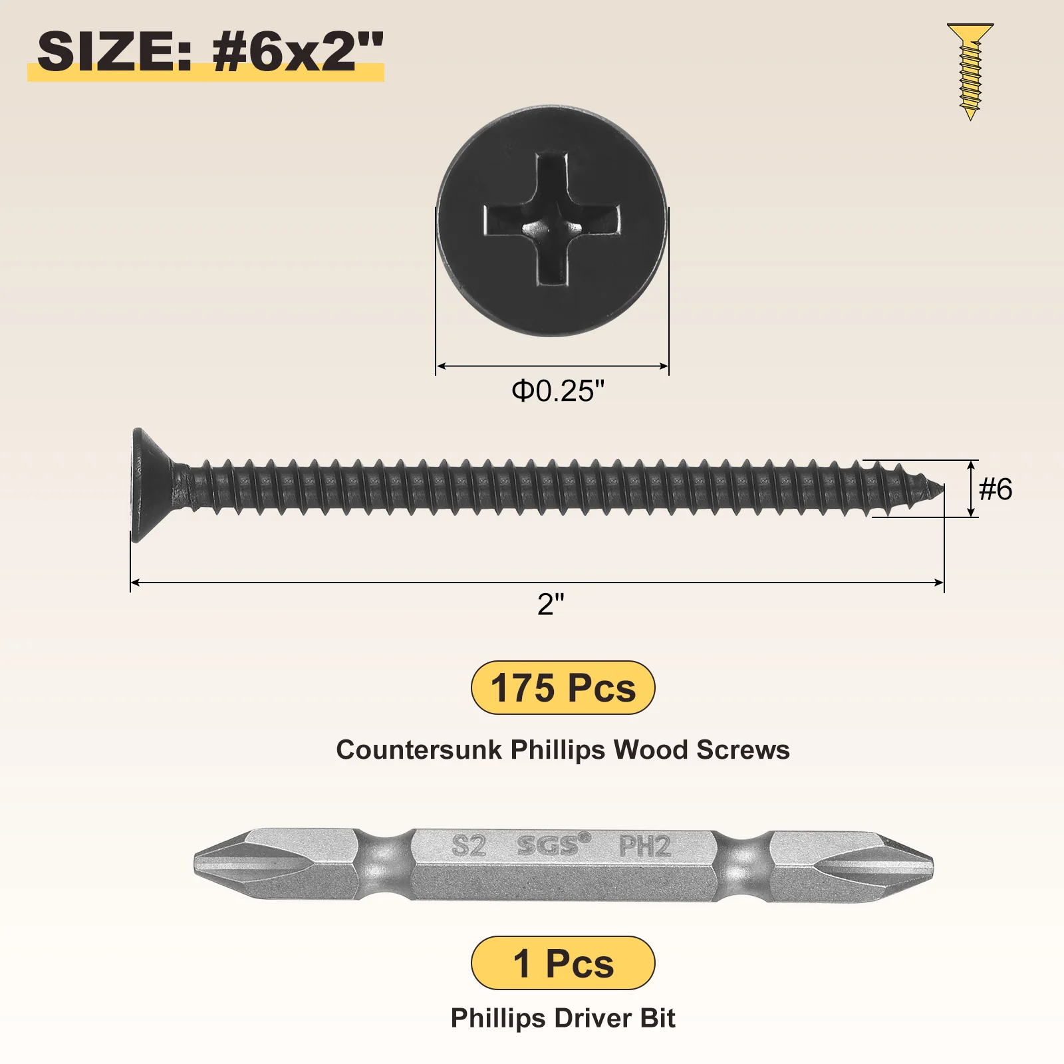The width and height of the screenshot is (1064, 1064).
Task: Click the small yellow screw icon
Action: (x=970, y=71)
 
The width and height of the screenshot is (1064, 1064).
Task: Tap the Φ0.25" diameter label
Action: (x=558, y=391)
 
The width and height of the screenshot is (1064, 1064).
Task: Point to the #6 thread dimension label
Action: (x=996, y=489)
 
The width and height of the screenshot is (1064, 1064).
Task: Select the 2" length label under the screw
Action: (x=551, y=604)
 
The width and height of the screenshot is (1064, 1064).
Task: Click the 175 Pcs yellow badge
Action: (x=563, y=688)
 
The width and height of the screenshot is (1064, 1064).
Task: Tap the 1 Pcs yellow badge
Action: (x=563, y=963)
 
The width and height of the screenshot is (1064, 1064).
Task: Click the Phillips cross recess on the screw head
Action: (x=552, y=220)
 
